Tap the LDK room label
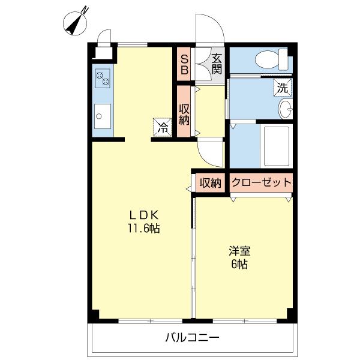[x=143, y=215]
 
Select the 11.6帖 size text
[x=143, y=229]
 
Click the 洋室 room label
[x=238, y=251]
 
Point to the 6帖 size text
[x=238, y=264]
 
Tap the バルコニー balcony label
[x=192, y=338]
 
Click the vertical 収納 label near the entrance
[x=184, y=112]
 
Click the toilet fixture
[x=269, y=60]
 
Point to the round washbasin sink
[x=286, y=109]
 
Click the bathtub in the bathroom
[x=277, y=146]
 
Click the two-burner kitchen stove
[x=103, y=79]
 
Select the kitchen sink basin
[x=103, y=115]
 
